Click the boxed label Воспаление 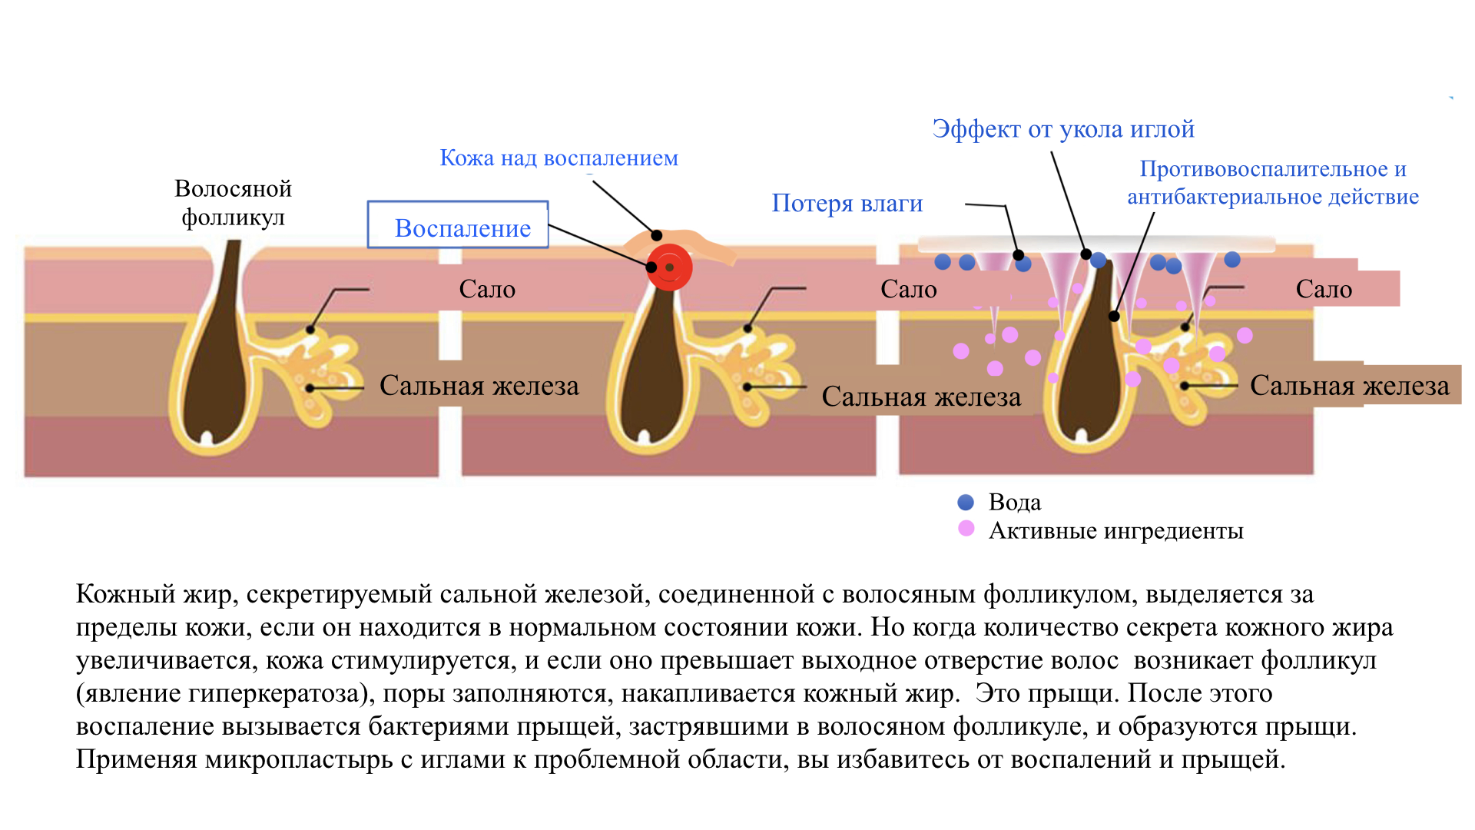(462, 227)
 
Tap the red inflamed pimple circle (669, 267)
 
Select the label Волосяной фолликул (233, 203)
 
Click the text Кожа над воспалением (559, 158)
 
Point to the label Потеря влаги (847, 203)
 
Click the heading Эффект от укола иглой (1063, 129)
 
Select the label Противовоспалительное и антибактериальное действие (1272, 183)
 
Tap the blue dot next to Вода (966, 503)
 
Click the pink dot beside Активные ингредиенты (966, 529)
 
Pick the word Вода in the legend (1014, 503)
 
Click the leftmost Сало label (487, 289)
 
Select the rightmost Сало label (1324, 289)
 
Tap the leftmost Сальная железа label (479, 386)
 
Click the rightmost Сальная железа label (1349, 386)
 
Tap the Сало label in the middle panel (908, 289)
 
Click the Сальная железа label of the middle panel (921, 397)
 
